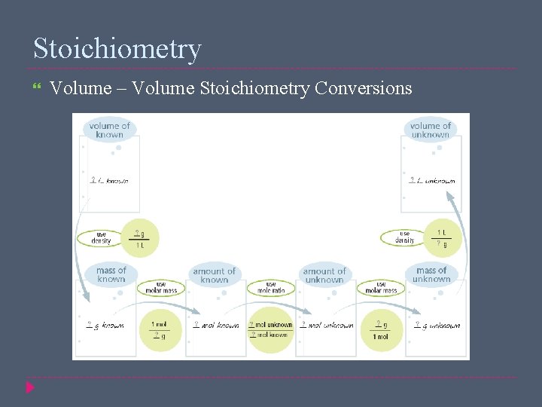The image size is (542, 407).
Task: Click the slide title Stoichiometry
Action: [x=117, y=48]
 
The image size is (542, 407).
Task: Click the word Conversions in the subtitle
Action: [x=364, y=89]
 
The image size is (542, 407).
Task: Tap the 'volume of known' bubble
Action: [x=109, y=130]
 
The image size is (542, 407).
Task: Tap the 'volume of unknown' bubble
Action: [x=431, y=130]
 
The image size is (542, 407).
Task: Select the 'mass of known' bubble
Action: [x=111, y=274]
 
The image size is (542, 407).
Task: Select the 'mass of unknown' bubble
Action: [x=431, y=274]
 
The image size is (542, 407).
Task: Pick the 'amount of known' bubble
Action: [x=215, y=275]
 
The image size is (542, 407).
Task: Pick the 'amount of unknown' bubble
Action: [x=324, y=275]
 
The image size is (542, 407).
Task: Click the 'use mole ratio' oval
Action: [x=270, y=288]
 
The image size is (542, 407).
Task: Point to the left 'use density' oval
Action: [x=101, y=237]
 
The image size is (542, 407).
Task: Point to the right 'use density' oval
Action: [x=404, y=237]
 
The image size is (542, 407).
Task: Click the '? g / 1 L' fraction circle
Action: [x=140, y=239]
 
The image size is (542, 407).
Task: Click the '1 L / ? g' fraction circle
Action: [x=442, y=238]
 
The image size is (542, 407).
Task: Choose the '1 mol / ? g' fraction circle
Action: [x=160, y=330]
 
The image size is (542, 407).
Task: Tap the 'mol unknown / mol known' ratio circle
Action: [x=271, y=330]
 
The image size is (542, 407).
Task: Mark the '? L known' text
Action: [x=110, y=181]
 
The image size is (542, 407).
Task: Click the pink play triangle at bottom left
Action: [x=30, y=387]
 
